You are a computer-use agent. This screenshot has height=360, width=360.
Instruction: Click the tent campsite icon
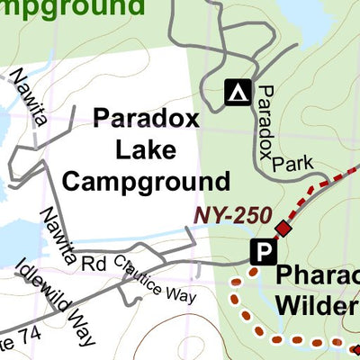pos(237,91)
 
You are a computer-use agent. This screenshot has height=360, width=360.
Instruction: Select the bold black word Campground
pos(146,181)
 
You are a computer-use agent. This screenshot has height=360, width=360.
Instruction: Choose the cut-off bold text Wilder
pos(316,304)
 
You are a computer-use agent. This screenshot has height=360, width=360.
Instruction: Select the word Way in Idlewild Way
pos(82,330)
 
